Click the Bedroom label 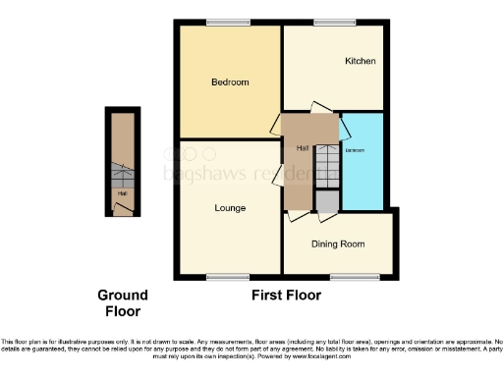[x=230, y=81]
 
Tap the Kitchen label [x=360, y=61]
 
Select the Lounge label [x=230, y=208]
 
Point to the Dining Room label [x=337, y=243]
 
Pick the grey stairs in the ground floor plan [x=121, y=177]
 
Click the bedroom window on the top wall [x=228, y=22]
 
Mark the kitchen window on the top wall [x=335, y=22]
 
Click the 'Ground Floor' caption [x=122, y=302]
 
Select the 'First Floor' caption [x=287, y=295]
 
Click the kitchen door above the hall [x=321, y=108]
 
